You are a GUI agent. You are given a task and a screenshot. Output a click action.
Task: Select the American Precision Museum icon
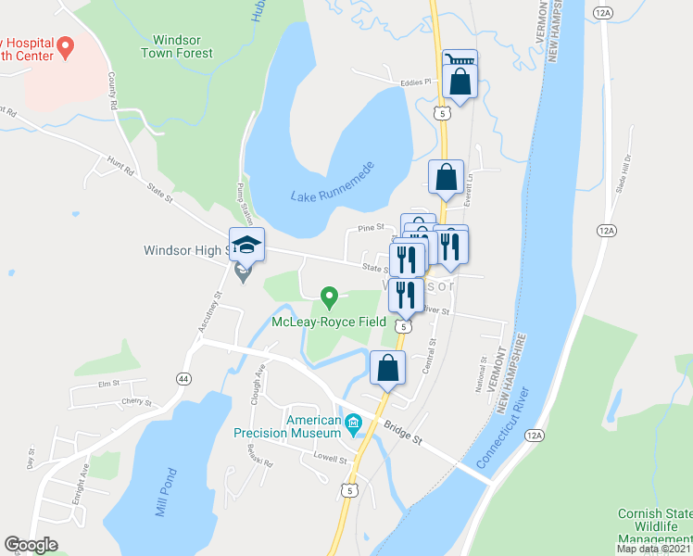(352, 425)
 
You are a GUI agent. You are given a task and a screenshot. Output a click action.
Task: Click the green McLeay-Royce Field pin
(328, 297)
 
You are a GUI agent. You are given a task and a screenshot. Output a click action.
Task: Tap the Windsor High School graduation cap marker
(246, 245)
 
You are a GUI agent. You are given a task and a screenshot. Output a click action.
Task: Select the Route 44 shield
(183, 377)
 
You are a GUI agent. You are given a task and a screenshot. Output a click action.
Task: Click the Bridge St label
(403, 431)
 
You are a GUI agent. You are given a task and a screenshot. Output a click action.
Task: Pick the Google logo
(31, 545)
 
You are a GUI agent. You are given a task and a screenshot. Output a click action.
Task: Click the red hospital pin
(65, 45)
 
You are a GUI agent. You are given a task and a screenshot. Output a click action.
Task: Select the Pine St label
(371, 227)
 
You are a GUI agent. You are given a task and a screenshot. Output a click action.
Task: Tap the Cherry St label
(135, 402)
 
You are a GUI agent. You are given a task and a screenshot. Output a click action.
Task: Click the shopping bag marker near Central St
(387, 368)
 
